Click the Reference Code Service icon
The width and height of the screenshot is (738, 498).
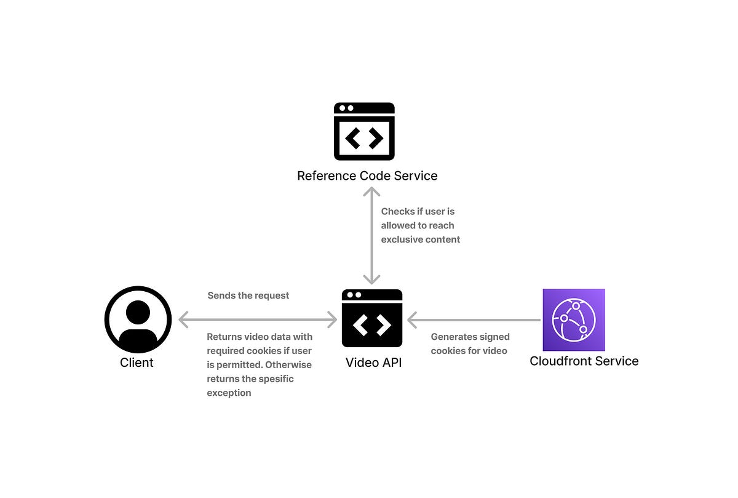[364, 132]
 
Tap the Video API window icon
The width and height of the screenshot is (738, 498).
[371, 318]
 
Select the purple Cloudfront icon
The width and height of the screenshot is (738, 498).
[573, 319]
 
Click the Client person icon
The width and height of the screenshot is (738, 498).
[138, 319]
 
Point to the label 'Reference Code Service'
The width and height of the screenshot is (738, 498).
[367, 176]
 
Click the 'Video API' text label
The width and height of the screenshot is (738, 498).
[373, 363]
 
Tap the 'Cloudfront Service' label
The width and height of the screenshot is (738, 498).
[584, 361]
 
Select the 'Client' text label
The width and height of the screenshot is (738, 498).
[137, 363]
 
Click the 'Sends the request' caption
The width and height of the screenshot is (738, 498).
[248, 295]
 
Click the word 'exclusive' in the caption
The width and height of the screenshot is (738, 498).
[402, 239]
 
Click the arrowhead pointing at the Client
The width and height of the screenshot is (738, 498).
[183, 319]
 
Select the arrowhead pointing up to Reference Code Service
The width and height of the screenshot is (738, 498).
[371, 192]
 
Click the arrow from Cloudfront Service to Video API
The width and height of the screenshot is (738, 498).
[474, 319]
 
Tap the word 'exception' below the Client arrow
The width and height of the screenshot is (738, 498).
[229, 393]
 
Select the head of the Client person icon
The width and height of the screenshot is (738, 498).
[138, 312]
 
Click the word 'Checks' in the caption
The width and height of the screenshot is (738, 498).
[397, 211]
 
